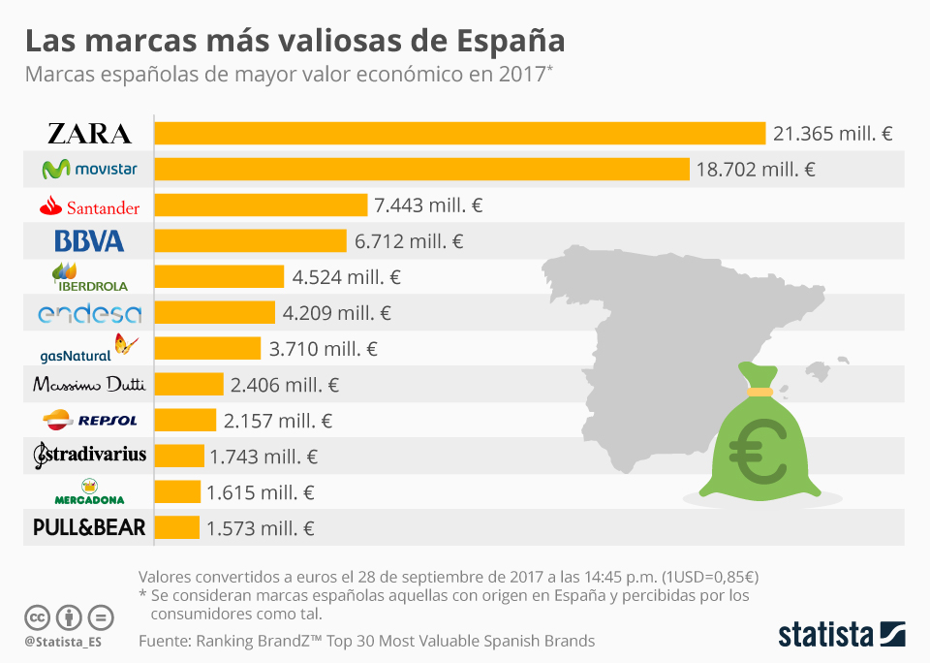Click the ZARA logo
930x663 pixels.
[x=89, y=134]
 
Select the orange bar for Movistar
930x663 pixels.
[x=421, y=170]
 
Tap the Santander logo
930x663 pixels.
[x=89, y=206]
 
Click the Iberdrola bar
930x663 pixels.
[x=219, y=276]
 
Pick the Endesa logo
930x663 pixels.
[x=89, y=313]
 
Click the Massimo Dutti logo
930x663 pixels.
[x=89, y=385]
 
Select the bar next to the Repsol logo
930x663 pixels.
[x=185, y=420]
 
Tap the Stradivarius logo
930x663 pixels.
[x=89, y=454]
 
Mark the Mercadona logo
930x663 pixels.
[x=89, y=492]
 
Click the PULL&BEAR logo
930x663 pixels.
[x=89, y=527]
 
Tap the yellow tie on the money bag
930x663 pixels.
[x=759, y=391]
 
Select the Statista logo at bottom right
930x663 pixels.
[x=842, y=635]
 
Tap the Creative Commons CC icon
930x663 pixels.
[x=38, y=616]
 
